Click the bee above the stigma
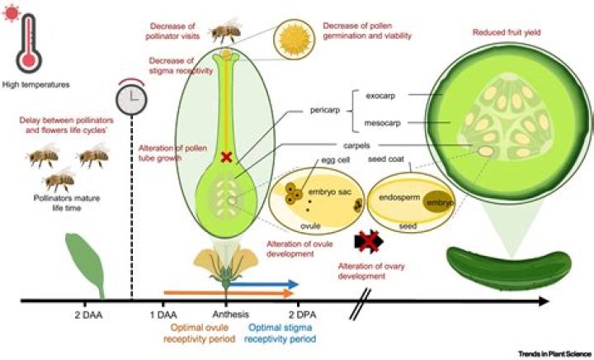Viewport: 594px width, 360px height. [x=224, y=32]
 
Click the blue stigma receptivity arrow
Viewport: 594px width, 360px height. [x=264, y=285]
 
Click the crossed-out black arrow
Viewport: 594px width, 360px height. [x=369, y=241]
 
